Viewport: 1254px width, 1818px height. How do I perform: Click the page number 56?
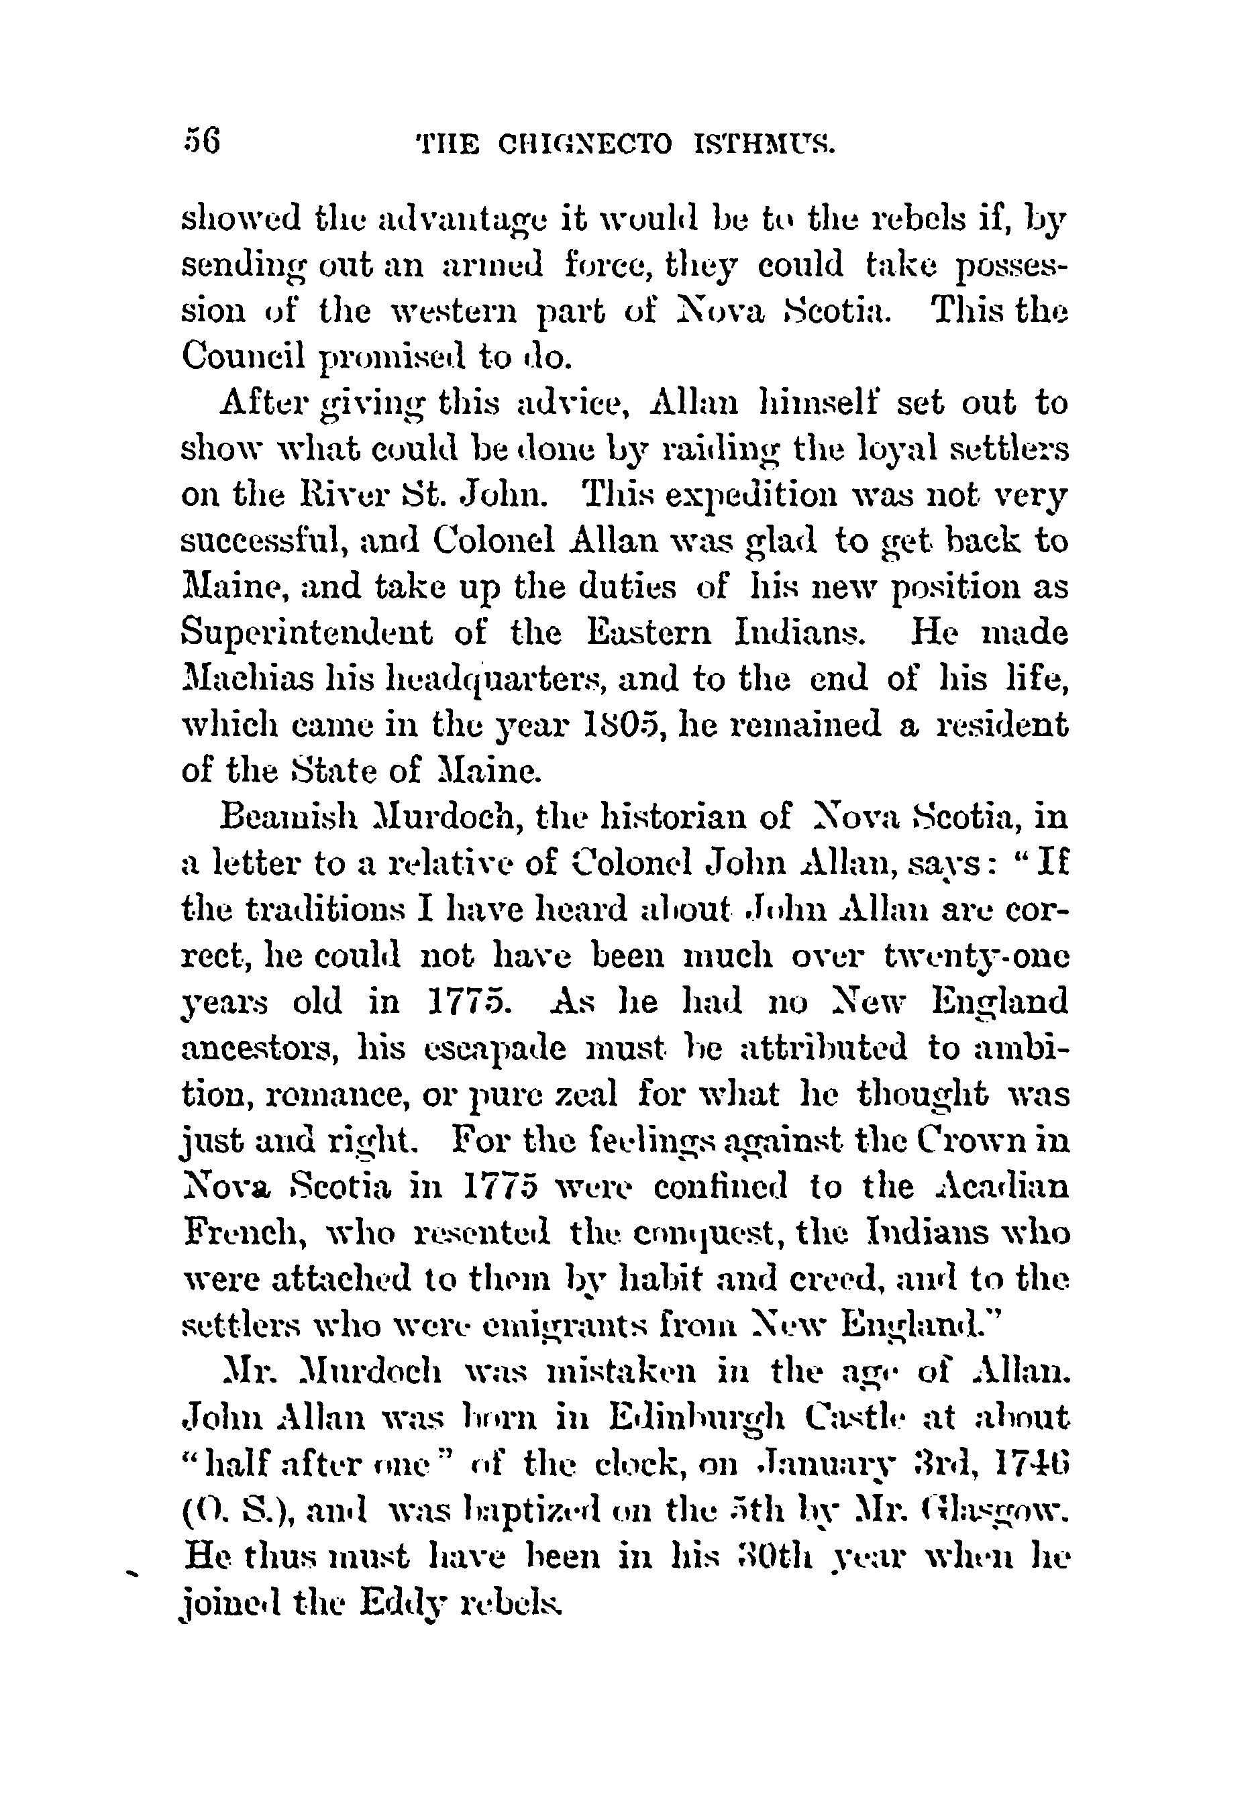point(202,144)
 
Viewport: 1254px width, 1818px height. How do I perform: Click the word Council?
point(243,357)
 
